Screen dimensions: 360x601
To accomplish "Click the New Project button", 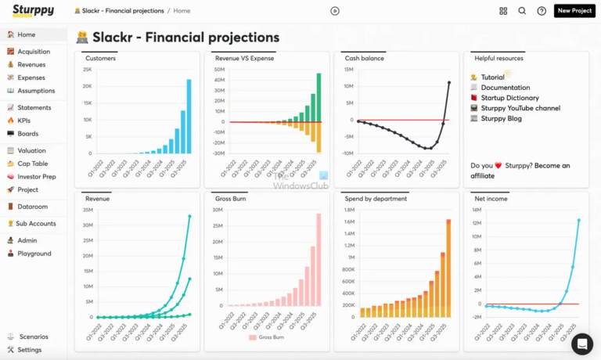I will tap(574, 11).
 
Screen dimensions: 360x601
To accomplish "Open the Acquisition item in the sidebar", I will tap(34, 52).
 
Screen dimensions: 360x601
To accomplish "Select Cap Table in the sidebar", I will tap(32, 164).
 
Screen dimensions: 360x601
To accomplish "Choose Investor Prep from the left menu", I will tap(37, 177).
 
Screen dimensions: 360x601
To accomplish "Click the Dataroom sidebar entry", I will tap(32, 207).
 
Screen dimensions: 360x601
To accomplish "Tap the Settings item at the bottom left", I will tap(30, 350).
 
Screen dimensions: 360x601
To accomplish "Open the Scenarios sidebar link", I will tap(32, 337).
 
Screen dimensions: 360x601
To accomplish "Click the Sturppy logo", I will tap(33, 11).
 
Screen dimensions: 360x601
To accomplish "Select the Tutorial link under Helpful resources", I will tap(492, 77).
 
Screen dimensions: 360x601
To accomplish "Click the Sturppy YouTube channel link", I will tap(520, 108).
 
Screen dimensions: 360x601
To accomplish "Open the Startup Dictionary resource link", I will tap(509, 98).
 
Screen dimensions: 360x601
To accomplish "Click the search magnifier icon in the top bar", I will tap(522, 11).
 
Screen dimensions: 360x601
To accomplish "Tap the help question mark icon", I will tap(542, 11).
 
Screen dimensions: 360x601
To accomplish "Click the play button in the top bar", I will tap(335, 11).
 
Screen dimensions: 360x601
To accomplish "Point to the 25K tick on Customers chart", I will tap(88, 69).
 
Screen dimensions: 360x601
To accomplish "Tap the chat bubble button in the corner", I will tap(582, 344).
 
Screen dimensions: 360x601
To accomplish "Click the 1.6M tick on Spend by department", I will tap(349, 222).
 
